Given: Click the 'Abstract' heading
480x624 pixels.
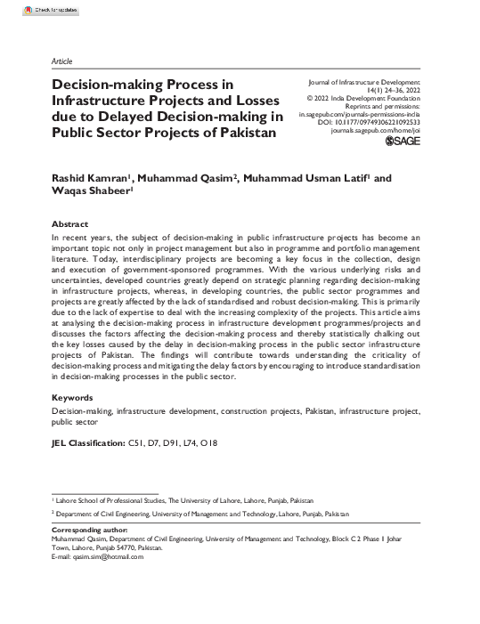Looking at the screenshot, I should click(70, 223).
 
